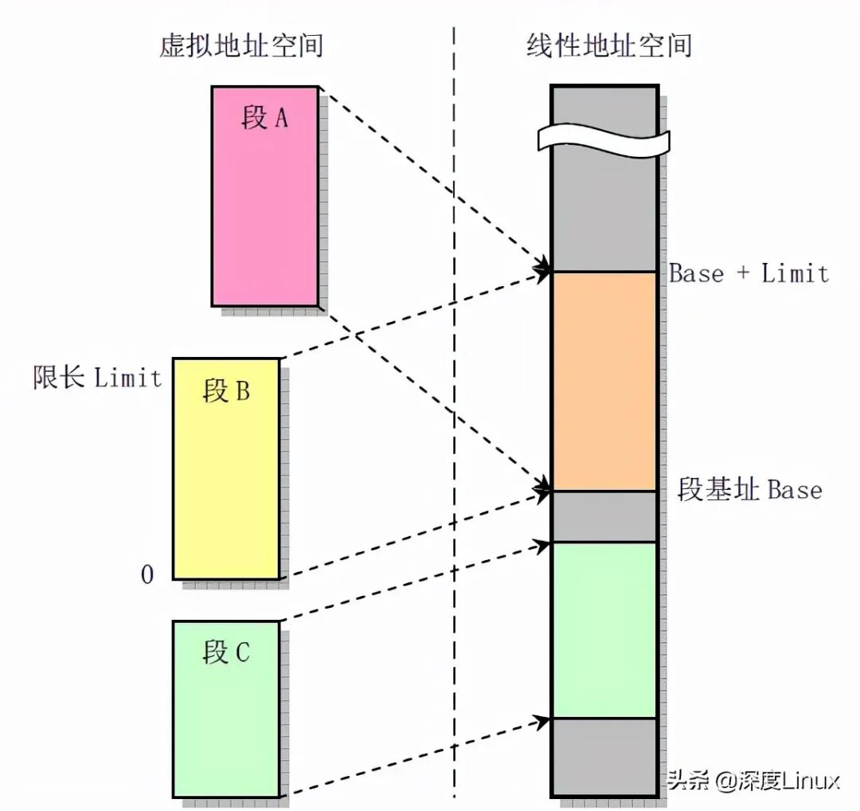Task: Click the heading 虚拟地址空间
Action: [241, 45]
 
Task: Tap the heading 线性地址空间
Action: [608, 45]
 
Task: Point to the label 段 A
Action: [264, 119]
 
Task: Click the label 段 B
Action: [226, 391]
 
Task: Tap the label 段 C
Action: [226, 652]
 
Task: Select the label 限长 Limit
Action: [97, 376]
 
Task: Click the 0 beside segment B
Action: [147, 574]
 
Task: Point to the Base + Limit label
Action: [749, 274]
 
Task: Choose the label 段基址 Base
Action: [749, 488]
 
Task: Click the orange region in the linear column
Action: [604, 381]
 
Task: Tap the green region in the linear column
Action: [604, 629]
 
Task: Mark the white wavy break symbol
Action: [604, 137]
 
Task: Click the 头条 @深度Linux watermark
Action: [752, 780]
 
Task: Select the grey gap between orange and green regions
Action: [604, 516]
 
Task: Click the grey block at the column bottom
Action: [604, 757]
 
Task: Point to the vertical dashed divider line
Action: [455, 398]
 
